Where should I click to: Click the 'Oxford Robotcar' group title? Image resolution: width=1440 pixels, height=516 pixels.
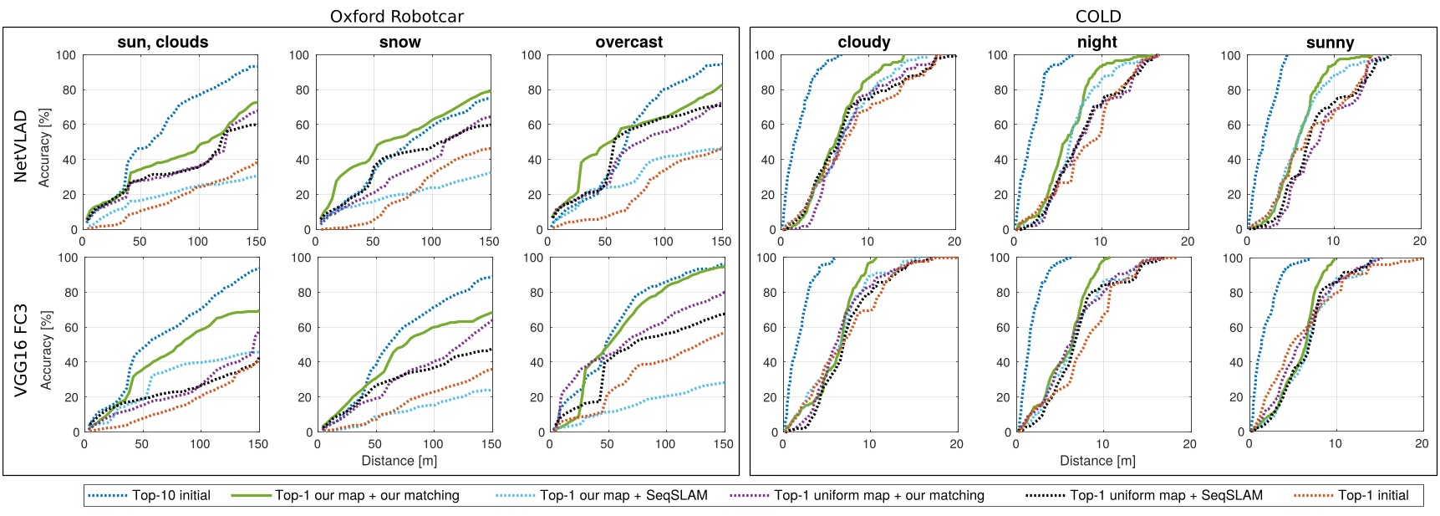click(396, 17)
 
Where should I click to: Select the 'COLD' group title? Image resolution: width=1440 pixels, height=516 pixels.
click(1098, 17)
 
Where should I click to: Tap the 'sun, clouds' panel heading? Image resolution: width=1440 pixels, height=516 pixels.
click(163, 42)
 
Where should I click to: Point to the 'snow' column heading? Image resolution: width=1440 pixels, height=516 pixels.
click(400, 42)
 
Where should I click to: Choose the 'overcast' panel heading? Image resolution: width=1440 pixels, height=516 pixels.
click(629, 42)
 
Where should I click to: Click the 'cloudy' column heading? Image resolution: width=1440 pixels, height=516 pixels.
click(864, 42)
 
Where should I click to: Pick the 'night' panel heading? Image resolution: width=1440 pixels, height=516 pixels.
click(1097, 42)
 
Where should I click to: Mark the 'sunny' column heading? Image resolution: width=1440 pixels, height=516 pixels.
click(1330, 42)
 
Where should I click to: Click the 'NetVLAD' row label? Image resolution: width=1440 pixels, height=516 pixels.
click(21, 146)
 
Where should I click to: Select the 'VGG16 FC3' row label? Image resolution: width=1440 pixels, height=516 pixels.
click(21, 349)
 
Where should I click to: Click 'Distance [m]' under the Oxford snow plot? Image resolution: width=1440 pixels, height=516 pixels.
click(399, 461)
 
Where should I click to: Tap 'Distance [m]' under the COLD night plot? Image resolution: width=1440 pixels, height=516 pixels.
click(1097, 461)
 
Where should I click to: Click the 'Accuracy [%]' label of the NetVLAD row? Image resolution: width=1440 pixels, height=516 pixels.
click(45, 147)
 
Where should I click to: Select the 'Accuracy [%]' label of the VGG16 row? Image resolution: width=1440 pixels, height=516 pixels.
click(45, 350)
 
